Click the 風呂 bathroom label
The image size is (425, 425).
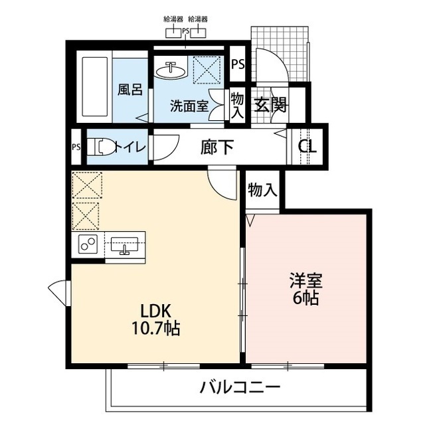coord(130,89)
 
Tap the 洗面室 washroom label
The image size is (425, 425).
coord(189,105)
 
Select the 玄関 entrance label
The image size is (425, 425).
coord(269,105)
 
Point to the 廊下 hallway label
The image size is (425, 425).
coord(217,147)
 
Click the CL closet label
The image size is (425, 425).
coord(307,147)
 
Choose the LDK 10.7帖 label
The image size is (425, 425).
coord(157,319)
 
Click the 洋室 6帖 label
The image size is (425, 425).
coord(305,289)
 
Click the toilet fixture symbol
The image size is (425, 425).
coord(101,147)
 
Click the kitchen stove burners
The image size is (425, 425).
coord(88,244)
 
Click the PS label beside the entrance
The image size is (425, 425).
coord(238,65)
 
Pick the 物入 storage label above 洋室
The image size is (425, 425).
coord(262,191)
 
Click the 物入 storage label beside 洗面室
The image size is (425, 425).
coord(237,104)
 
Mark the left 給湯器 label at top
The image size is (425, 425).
coord(173,20)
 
